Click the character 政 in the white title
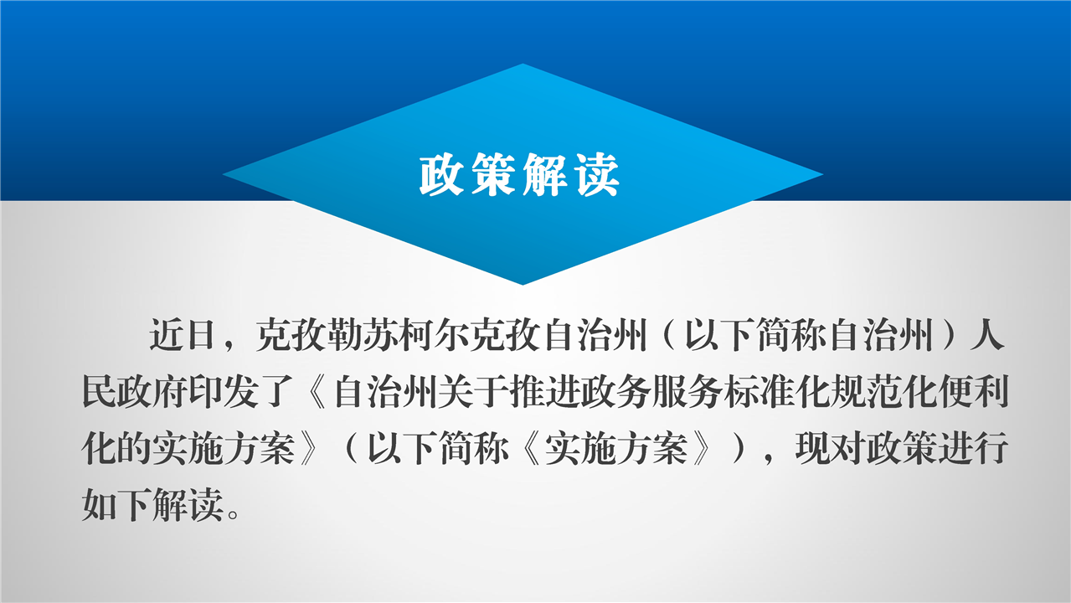(441, 175)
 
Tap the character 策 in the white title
(493, 175)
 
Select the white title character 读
(598, 175)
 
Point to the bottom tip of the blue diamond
(523, 285)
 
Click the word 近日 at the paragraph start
(182, 335)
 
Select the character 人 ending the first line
(986, 335)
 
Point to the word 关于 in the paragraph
(473, 392)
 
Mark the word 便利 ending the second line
(974, 392)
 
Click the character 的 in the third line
(135, 449)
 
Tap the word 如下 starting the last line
(116, 505)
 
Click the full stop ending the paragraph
(234, 514)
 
